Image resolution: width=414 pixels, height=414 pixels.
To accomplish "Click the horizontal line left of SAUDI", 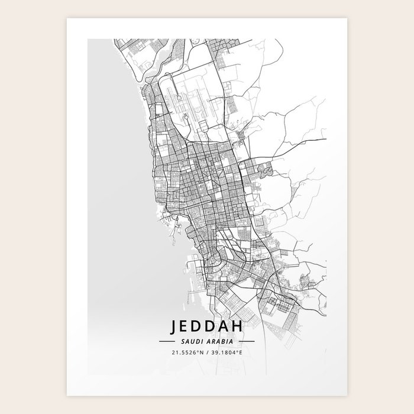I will point(166,342).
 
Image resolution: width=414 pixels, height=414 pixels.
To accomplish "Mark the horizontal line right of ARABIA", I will point(246,342).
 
